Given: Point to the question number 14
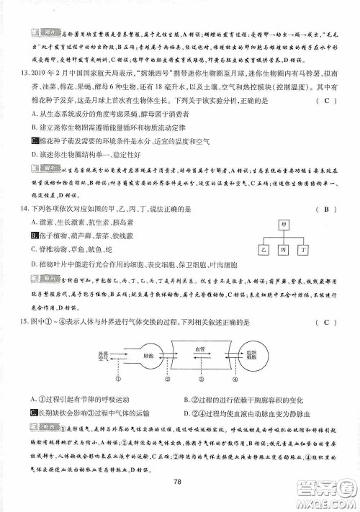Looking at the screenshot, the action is click(x=18, y=209).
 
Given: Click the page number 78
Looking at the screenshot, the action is click(x=180, y=482).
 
